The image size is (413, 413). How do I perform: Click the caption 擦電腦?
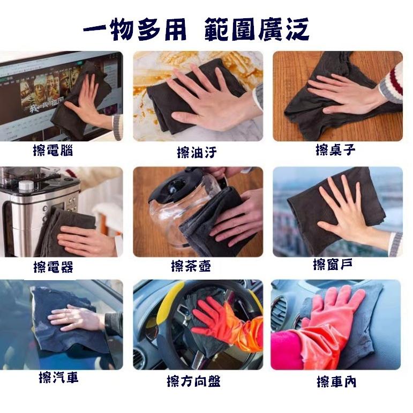click(53, 151)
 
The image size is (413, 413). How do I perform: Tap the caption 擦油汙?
click(197, 153)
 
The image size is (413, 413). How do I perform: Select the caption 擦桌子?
click(335, 150)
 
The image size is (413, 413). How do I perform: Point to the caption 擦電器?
click(53, 266)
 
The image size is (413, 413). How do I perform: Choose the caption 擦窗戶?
click(335, 264)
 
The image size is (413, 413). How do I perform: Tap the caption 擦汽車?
click(59, 378)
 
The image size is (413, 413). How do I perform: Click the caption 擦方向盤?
click(193, 381)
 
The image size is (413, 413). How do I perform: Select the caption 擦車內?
click(336, 381)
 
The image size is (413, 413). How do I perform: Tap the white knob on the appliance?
click(26, 186)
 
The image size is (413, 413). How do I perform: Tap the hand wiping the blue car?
click(75, 317)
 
